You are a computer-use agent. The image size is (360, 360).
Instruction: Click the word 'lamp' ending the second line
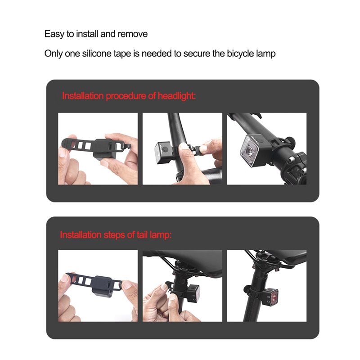265,54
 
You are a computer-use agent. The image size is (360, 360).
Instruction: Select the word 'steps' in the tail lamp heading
108,235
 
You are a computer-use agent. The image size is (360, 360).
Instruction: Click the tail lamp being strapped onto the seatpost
193,293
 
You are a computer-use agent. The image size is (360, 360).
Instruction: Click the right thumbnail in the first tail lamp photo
128,284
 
